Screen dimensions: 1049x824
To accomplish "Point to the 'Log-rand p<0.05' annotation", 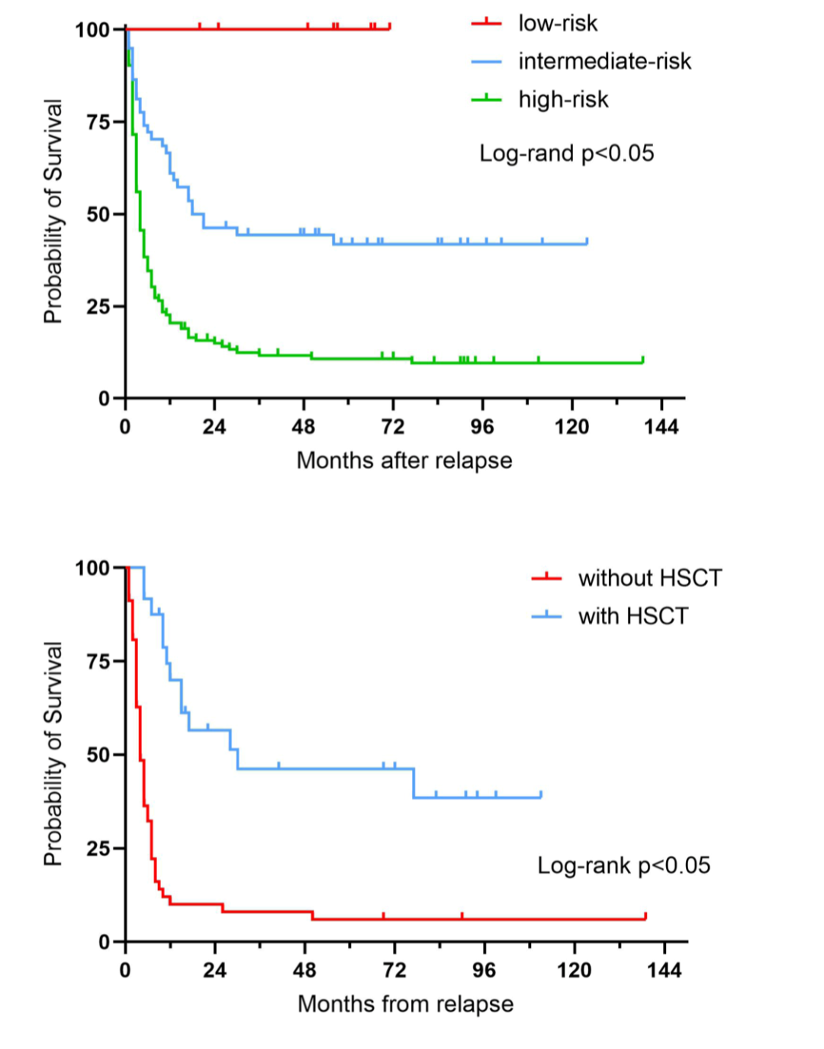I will click(566, 154).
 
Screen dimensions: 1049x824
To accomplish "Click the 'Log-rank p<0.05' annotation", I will click(623, 866).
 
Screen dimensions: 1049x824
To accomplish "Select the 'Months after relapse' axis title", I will click(404, 460).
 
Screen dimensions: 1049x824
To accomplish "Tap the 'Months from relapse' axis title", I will click(405, 1004).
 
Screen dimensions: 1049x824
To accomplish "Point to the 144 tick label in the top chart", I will click(661, 427).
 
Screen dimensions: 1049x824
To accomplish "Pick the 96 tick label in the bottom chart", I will click(484, 970).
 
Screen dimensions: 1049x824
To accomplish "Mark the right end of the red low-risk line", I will click(389, 28).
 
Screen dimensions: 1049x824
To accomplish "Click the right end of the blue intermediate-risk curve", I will click(587, 242).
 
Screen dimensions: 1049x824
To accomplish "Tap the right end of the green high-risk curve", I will click(642, 361).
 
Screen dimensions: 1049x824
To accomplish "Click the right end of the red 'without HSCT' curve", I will click(645, 918).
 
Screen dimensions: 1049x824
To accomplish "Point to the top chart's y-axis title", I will click(53, 212).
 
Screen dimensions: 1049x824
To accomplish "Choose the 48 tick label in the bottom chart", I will click(304, 970).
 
